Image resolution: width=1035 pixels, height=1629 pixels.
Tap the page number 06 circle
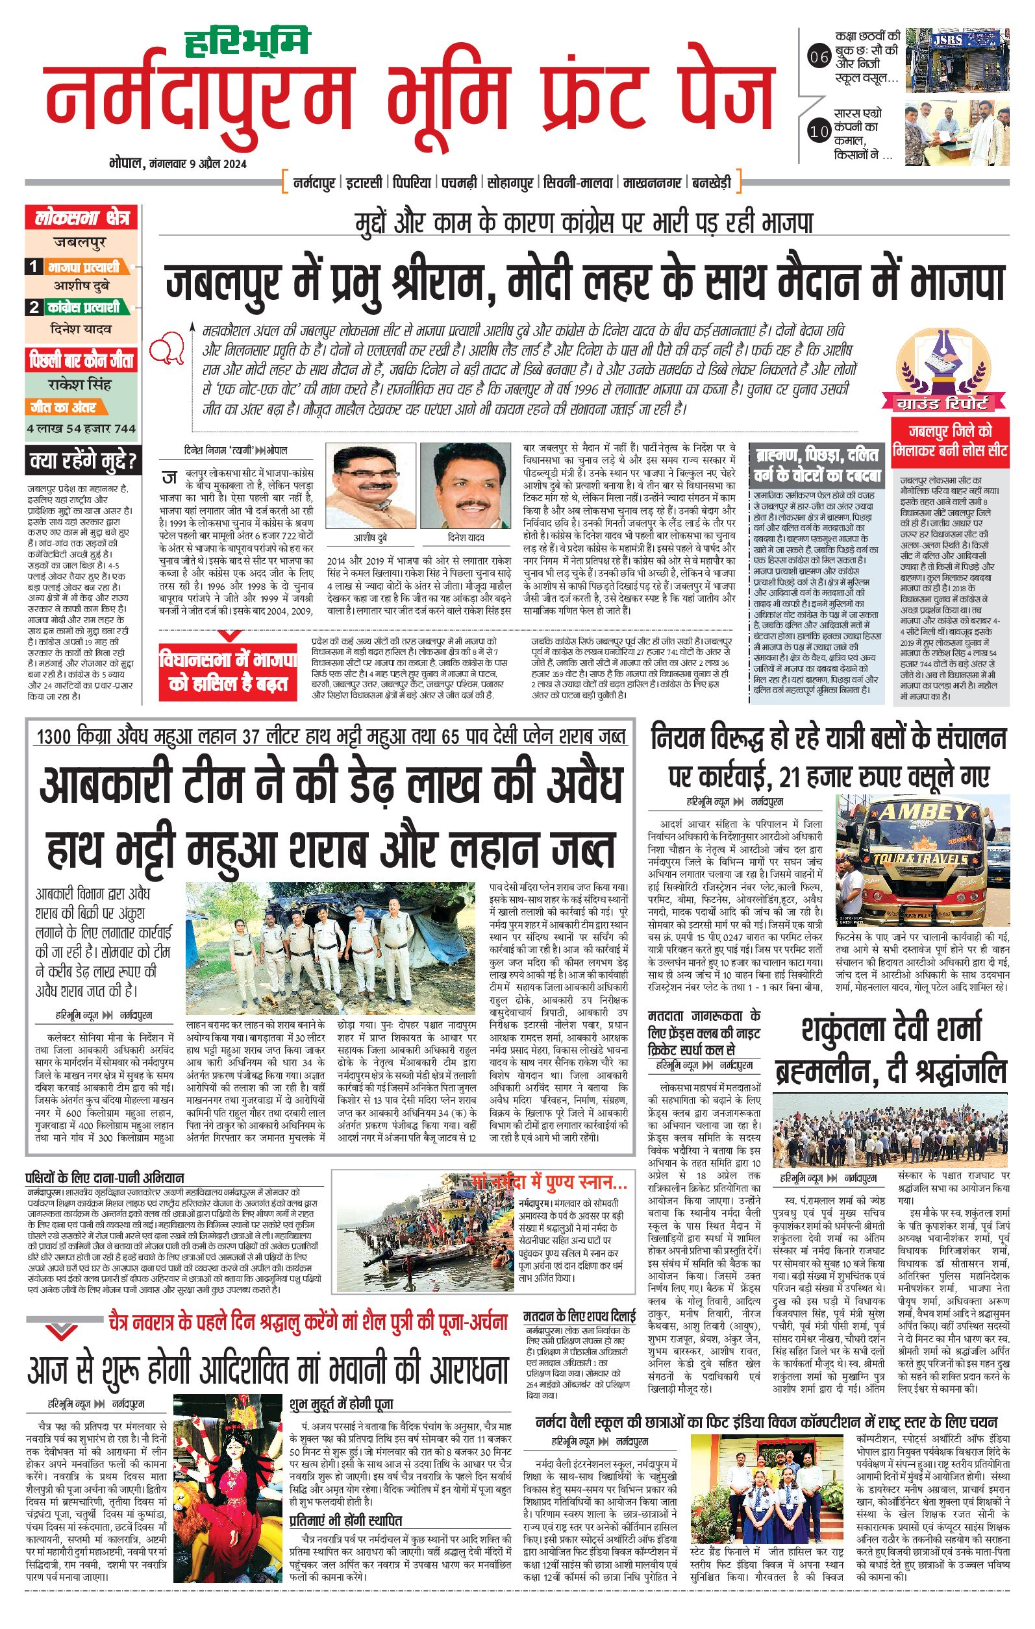click(819, 58)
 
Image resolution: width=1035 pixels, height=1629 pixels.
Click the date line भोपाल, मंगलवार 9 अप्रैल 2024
click(177, 164)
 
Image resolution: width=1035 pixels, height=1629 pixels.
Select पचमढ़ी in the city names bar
click(458, 182)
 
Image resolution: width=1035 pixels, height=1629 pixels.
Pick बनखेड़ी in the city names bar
click(712, 182)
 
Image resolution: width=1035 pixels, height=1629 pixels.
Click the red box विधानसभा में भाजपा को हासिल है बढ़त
click(227, 672)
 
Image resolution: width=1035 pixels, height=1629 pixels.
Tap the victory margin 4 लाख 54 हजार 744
click(81, 428)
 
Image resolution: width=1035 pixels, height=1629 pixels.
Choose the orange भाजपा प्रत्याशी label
click(83, 267)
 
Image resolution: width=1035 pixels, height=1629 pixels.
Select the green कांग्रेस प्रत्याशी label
click(83, 307)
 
